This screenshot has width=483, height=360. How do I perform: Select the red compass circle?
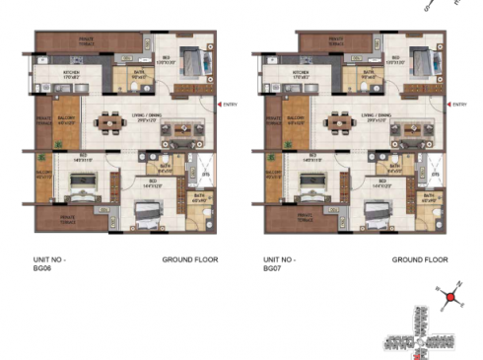click(451, 296)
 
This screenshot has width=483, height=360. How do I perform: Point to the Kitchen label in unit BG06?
click(72, 72)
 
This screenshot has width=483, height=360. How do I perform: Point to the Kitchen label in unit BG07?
click(302, 72)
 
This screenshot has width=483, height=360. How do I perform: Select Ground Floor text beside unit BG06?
click(189, 259)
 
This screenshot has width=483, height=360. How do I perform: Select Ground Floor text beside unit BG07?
click(420, 259)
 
